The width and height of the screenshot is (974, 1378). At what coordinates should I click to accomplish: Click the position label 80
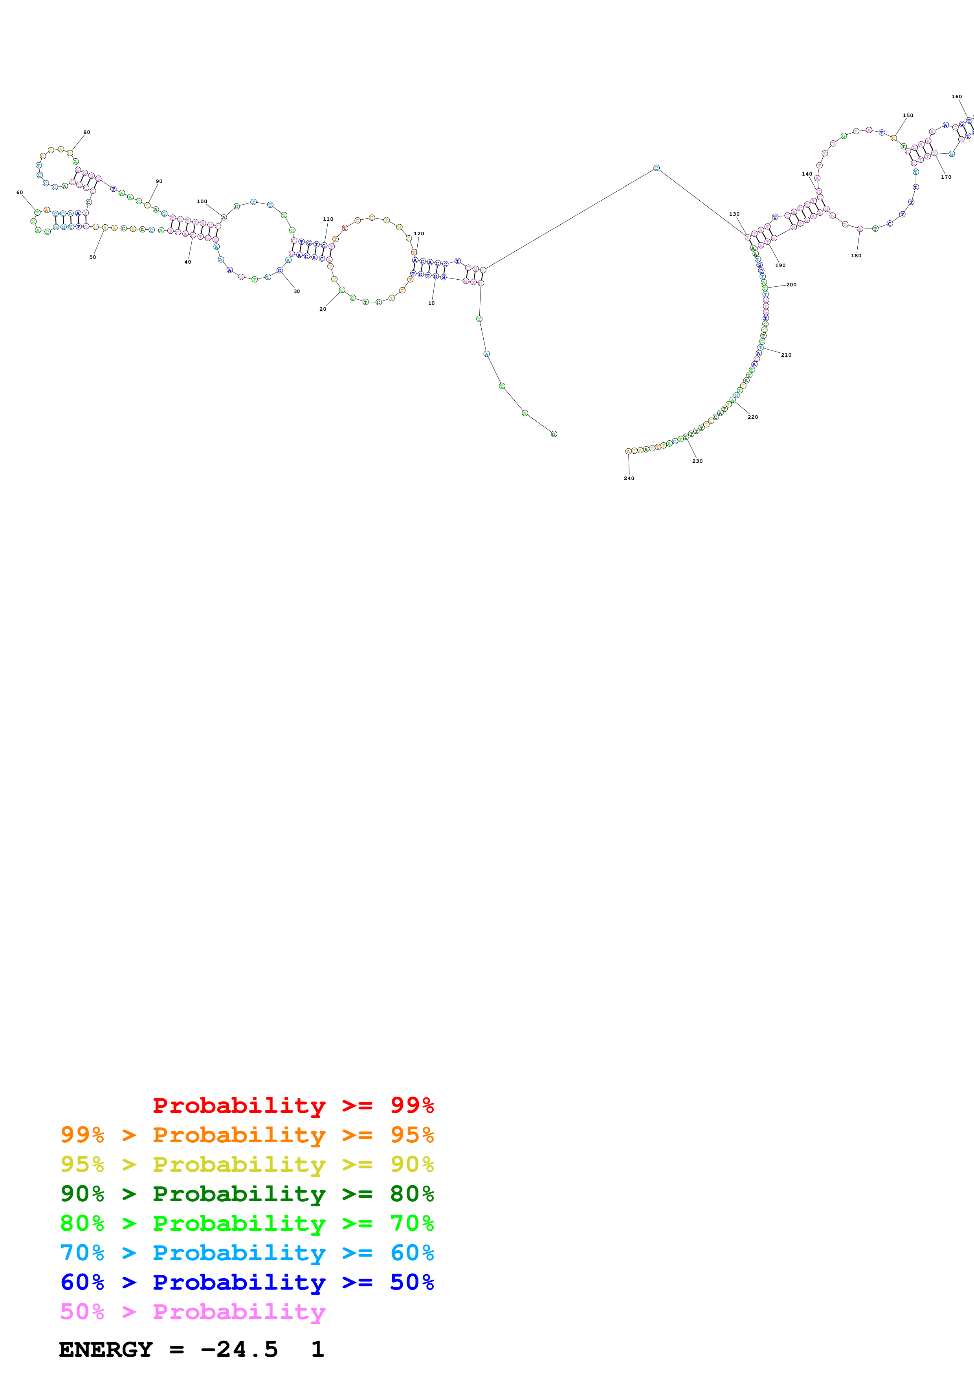(86, 132)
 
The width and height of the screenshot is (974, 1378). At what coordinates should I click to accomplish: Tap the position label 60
(19, 192)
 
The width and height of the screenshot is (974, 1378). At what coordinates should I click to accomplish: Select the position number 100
(202, 202)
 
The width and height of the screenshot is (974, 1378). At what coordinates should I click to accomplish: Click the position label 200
(792, 284)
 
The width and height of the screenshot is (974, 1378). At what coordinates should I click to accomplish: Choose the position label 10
(431, 303)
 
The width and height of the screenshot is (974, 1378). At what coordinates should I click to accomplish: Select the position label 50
(92, 257)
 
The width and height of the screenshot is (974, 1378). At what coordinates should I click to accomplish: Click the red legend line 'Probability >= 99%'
(293, 1105)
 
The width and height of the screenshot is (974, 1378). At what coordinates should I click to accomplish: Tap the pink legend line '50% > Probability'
(193, 1311)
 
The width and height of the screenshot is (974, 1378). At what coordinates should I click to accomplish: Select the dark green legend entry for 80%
(247, 1194)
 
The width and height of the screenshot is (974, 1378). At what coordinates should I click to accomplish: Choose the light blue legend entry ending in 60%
(247, 1253)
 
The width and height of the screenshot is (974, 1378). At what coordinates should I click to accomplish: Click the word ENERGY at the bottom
(106, 1350)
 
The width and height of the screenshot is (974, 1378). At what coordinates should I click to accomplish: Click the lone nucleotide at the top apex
(656, 168)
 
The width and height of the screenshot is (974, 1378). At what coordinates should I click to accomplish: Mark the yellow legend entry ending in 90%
(247, 1164)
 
